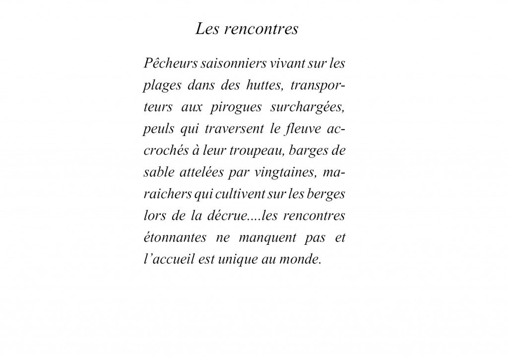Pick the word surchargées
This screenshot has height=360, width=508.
[x=309, y=108]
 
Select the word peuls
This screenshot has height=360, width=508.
[x=153, y=131]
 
